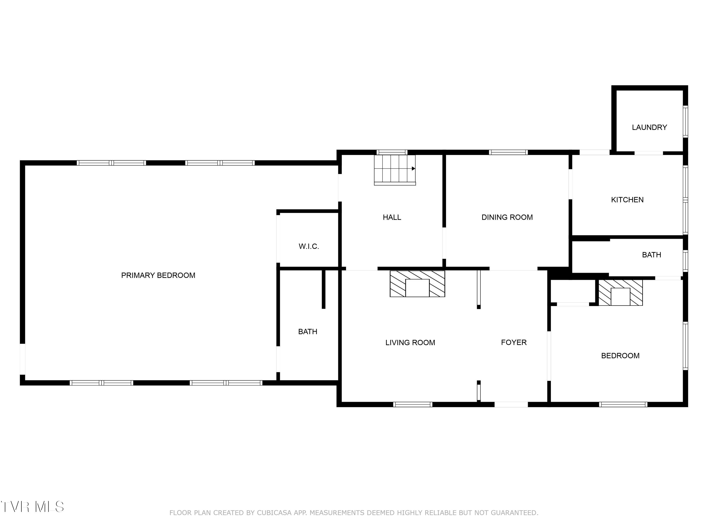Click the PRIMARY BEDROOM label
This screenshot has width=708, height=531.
158,275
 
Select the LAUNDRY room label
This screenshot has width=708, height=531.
649,127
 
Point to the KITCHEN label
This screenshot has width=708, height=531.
627,200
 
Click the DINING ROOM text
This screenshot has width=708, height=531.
507,217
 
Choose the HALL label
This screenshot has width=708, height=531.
392,217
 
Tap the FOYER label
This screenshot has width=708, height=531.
513,342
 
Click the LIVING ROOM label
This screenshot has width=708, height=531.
410,342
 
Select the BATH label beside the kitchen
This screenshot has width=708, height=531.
651,255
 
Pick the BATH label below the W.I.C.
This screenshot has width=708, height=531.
307,332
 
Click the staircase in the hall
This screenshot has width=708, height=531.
395,170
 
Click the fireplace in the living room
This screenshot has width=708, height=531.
417,284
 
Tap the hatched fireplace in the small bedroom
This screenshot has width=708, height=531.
620,293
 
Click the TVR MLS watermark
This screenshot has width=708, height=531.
32,507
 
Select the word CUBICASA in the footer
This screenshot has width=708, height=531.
274,513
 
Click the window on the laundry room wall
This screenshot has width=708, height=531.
685,122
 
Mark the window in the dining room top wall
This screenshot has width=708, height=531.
508,152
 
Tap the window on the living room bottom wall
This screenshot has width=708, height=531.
413,405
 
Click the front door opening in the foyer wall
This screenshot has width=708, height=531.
511,405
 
